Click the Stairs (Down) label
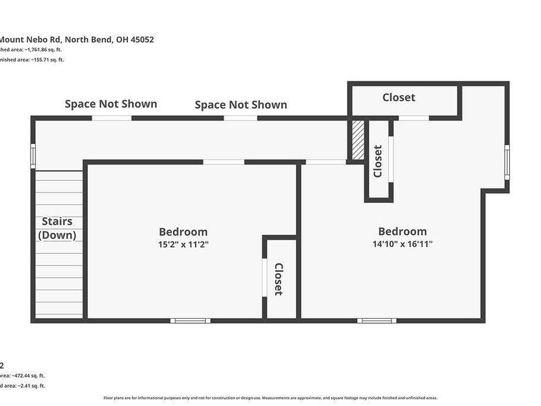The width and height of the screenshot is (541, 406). click(x=57, y=228)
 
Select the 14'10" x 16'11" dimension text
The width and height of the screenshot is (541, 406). click(x=402, y=244)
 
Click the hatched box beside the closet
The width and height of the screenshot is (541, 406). click(x=357, y=141)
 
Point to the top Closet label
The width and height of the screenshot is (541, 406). click(x=399, y=97)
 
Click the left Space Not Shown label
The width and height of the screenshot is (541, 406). click(x=111, y=104)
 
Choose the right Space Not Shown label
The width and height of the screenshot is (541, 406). click(x=241, y=105)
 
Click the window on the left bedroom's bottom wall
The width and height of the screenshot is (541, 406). click(x=190, y=320)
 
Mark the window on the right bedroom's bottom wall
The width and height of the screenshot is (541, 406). click(x=377, y=320)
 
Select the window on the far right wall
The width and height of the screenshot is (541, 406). click(x=507, y=163)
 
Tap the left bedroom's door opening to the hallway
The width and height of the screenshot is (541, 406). click(x=224, y=162)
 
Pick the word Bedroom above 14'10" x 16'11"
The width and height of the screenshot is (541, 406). click(x=402, y=231)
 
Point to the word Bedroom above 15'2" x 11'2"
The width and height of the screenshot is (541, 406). click(x=183, y=232)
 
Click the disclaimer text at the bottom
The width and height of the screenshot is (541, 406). click(x=270, y=398)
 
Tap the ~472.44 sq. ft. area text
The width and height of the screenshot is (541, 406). click(x=24, y=376)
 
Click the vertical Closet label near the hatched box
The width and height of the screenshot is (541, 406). click(x=378, y=161)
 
